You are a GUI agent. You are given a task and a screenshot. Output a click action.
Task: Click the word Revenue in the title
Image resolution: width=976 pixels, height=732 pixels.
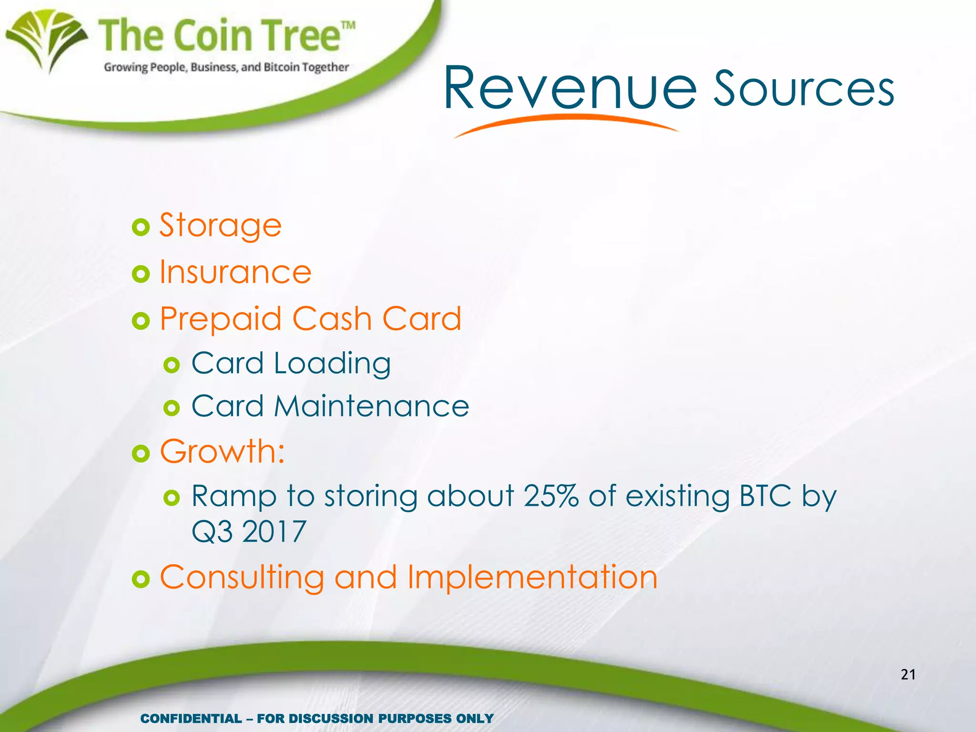click(x=570, y=89)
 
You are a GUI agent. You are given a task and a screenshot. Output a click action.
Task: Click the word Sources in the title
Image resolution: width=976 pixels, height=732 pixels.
click(x=803, y=89)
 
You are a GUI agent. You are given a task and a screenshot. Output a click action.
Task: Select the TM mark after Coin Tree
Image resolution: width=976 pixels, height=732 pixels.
click(x=348, y=25)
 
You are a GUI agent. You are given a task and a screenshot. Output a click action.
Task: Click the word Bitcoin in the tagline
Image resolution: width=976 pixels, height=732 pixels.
click(x=282, y=67)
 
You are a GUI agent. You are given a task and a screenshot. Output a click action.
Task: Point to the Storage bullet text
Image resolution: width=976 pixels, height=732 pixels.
click(x=220, y=225)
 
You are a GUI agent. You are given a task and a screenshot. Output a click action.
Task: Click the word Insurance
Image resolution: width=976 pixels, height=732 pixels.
click(x=235, y=272)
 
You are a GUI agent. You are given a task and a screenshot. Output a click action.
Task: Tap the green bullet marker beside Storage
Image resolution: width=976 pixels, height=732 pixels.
click(x=141, y=227)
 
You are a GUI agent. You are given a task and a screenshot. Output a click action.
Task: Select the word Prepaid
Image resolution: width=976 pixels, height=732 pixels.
click(x=220, y=319)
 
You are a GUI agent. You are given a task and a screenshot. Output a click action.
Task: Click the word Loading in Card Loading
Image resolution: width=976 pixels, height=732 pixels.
click(x=332, y=364)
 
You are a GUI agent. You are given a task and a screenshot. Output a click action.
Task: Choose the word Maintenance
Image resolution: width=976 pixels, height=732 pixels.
click(x=371, y=407)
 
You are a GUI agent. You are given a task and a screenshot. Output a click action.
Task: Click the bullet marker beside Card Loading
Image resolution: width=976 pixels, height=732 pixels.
click(x=172, y=366)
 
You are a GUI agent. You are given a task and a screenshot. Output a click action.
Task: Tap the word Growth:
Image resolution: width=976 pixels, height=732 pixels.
click(x=222, y=451)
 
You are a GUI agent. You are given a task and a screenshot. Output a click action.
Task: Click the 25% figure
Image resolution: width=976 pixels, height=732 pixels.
click(x=551, y=496)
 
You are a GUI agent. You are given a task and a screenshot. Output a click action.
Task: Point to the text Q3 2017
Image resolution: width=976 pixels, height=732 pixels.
click(x=248, y=532)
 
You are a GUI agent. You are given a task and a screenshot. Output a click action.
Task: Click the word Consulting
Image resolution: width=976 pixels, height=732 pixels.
click(x=242, y=578)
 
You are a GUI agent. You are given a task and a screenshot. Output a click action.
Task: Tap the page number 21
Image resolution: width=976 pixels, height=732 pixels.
click(x=908, y=674)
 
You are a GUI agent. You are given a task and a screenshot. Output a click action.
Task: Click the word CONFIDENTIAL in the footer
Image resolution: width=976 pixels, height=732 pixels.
click(x=191, y=719)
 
